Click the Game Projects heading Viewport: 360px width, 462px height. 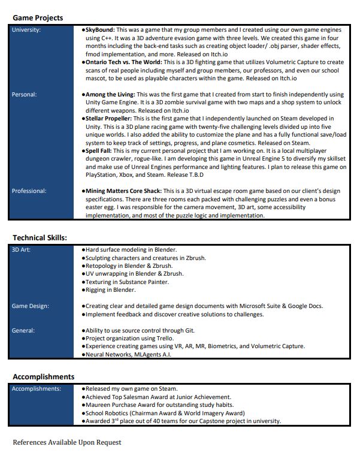pos(38,18)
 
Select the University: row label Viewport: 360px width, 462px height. pos(27,29)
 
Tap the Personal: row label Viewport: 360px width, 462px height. pos(25,95)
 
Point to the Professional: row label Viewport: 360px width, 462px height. pos(29,191)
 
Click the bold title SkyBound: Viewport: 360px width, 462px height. pos(100,29)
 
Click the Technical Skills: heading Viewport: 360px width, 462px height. pos(40,238)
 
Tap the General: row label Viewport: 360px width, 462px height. pos(24,330)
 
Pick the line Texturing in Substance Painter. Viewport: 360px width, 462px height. pos(126,282)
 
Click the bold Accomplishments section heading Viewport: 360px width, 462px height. pos(44,377)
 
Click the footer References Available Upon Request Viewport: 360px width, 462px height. pos(66,442)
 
